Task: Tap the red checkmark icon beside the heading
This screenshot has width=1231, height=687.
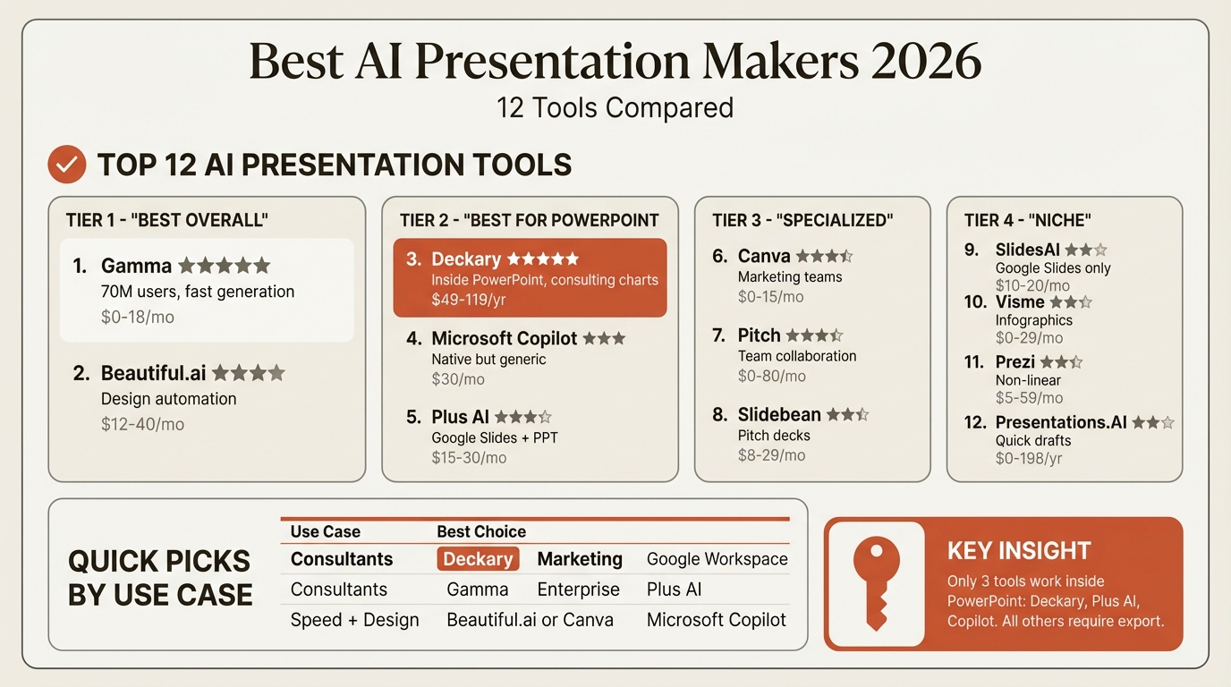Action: (x=66, y=165)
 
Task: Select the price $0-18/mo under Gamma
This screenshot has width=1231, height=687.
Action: (x=138, y=317)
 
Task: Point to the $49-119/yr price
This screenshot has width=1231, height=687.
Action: (x=469, y=300)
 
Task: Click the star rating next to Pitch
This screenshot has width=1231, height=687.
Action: (x=815, y=335)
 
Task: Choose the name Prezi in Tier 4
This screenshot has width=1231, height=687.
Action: (x=1015, y=361)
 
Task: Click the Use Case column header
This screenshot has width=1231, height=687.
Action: (x=325, y=531)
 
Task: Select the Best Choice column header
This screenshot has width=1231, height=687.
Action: (x=481, y=531)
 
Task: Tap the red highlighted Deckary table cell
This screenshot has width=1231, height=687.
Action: (x=478, y=559)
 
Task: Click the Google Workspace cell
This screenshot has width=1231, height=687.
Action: (x=717, y=559)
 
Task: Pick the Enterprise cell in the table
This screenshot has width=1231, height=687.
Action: (x=578, y=589)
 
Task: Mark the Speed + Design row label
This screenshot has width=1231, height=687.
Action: (x=354, y=620)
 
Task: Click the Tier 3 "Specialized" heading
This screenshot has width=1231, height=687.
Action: (x=802, y=220)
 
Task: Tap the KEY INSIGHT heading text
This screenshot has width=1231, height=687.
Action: (x=1019, y=551)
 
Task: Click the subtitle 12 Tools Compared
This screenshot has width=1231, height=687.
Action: (x=615, y=107)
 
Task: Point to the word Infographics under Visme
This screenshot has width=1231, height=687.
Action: (x=1033, y=320)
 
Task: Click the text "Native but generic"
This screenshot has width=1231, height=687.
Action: (x=488, y=359)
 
